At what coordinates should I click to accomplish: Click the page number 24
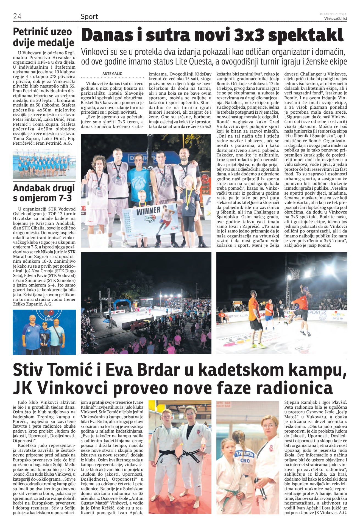pyautogui.click(x=17, y=16)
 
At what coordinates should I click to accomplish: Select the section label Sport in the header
pyautogui.click(x=89, y=17)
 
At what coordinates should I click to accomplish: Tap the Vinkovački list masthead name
pyautogui.click(x=335, y=19)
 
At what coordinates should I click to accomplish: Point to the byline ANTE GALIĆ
pyautogui.click(x=112, y=74)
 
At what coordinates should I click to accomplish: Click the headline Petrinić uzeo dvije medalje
pyautogui.click(x=43, y=37)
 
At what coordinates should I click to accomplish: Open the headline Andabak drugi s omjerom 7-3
pyautogui.click(x=44, y=193)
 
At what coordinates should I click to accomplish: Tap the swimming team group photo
pyautogui.click(x=44, y=164)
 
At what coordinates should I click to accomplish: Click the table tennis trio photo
pyautogui.click(x=44, y=332)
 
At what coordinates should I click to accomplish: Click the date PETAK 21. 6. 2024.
pyautogui.click(x=333, y=14)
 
